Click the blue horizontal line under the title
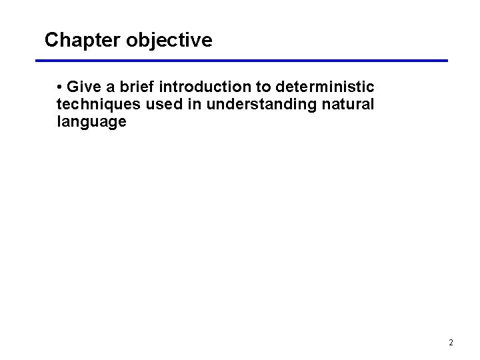coord(241,61)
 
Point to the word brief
coord(137,87)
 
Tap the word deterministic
coord(325,87)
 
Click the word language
coord(91,122)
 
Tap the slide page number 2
coord(451,343)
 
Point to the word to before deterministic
coord(263,87)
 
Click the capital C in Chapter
coord(51,40)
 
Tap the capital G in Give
coord(73,87)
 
